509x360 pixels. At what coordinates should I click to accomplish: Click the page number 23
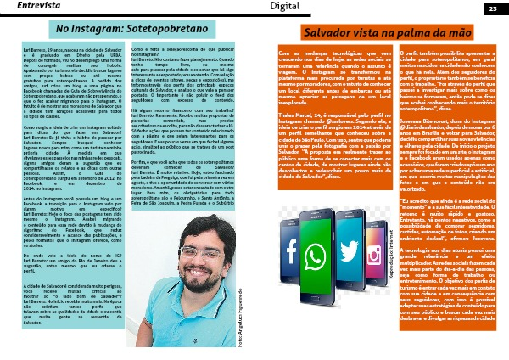click(x=492, y=8)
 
